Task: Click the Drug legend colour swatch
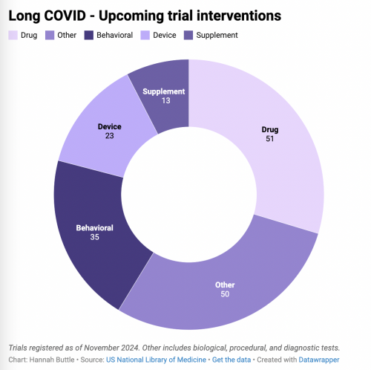pyautogui.click(x=13, y=35)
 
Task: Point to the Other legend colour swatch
pyautogui.click(x=50, y=35)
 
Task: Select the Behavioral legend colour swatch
pyautogui.click(x=89, y=35)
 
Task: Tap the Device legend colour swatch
pyautogui.click(x=145, y=35)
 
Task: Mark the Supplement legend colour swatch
pyautogui.click(x=188, y=35)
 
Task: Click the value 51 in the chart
pyautogui.click(x=270, y=139)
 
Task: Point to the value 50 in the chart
pyautogui.click(x=225, y=294)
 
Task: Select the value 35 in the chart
pyautogui.click(x=95, y=237)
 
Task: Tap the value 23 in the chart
pyautogui.click(x=110, y=136)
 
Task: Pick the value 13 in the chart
pyautogui.click(x=166, y=100)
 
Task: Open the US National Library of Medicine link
pyautogui.click(x=156, y=360)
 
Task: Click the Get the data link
pyautogui.click(x=232, y=360)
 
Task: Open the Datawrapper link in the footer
pyautogui.click(x=319, y=360)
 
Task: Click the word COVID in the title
pyautogui.click(x=65, y=16)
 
